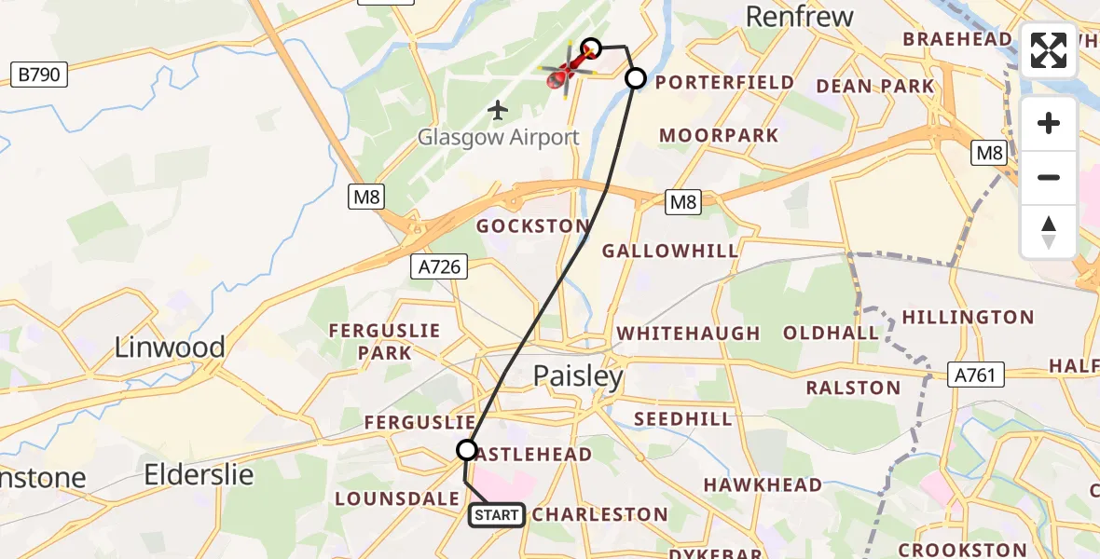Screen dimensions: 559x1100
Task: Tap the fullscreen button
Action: (x=1049, y=50)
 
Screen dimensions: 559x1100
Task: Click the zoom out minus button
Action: (x=1049, y=177)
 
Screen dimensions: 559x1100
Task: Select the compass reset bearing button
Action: (x=1049, y=231)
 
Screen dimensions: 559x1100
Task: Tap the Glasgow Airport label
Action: (x=499, y=138)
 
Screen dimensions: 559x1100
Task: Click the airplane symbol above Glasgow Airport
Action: (x=499, y=111)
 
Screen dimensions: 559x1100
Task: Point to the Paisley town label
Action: (x=578, y=376)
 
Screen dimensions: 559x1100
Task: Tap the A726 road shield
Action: (x=438, y=267)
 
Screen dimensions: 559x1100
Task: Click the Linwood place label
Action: (x=170, y=348)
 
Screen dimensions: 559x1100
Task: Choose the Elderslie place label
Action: (x=199, y=474)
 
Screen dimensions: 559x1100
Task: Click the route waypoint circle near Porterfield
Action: (x=635, y=78)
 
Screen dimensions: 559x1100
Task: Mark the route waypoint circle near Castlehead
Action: (x=467, y=450)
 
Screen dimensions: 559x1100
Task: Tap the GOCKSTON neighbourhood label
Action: (x=532, y=226)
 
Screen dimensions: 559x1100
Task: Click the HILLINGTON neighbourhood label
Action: (x=968, y=318)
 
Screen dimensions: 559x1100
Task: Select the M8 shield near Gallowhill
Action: (x=683, y=202)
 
